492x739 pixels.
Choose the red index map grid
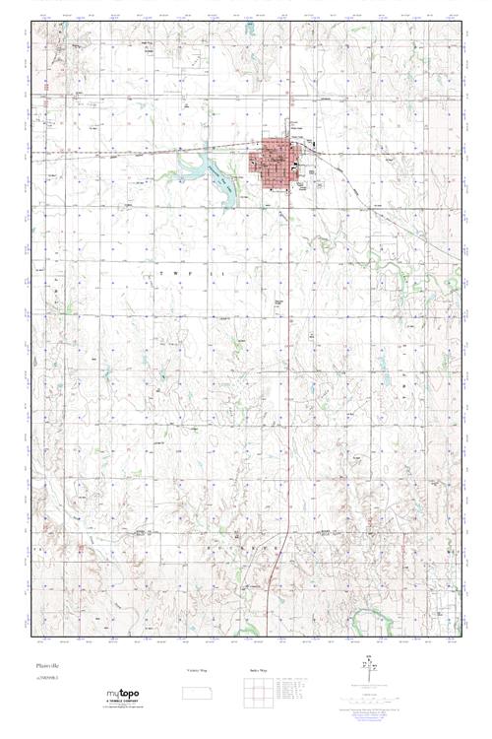click(259, 691)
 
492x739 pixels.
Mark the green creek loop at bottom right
click(369, 621)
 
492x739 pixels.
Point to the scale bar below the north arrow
click(368, 693)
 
